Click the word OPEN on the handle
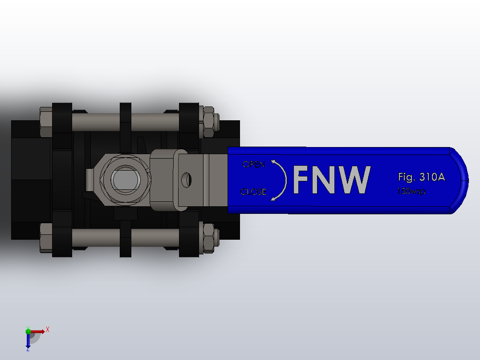pos(253,164)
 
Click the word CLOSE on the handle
pos(253,192)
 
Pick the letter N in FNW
pos(325,180)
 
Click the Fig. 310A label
pos(421,177)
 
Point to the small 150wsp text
pos(411,191)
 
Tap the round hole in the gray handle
pos(187,180)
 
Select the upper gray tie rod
pos(96,121)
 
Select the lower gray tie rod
pos(96,238)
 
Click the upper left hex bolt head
pos(46,122)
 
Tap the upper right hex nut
pos(207,122)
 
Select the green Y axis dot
pos(28,331)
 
